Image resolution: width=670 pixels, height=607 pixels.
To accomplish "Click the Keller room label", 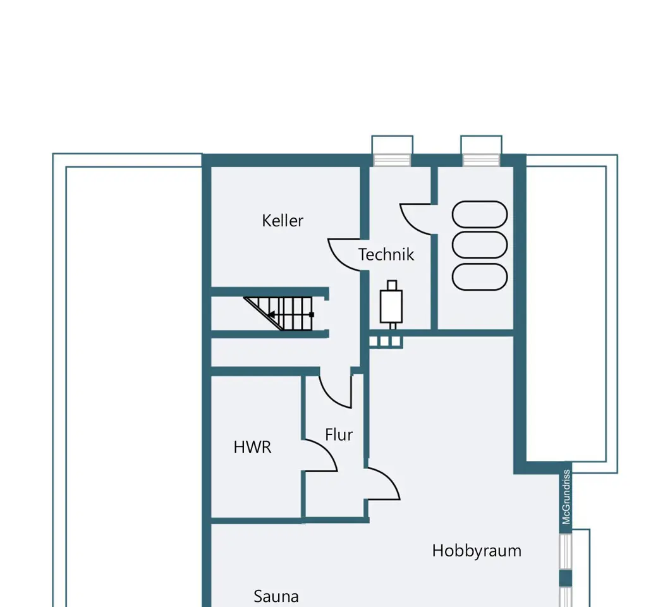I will (x=283, y=221).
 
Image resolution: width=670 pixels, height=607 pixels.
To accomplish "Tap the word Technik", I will (x=386, y=255).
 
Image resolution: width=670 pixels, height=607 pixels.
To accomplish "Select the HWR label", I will (x=252, y=447).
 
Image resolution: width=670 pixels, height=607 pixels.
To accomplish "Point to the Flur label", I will (x=339, y=435).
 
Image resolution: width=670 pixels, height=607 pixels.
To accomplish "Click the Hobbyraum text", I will (x=477, y=551).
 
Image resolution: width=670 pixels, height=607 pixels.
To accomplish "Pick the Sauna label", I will (x=276, y=596).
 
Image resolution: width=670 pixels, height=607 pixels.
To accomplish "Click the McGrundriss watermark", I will (x=566, y=496).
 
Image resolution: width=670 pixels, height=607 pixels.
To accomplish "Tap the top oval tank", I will (x=480, y=215).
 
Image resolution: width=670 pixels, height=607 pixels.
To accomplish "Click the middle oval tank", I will (x=480, y=245).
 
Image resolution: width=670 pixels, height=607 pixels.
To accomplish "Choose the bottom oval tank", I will (x=480, y=277).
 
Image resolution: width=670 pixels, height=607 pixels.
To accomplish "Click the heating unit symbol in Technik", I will (x=392, y=305).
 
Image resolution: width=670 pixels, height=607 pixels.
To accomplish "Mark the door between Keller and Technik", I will (x=346, y=254).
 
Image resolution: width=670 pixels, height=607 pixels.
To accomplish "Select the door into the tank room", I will (x=417, y=219).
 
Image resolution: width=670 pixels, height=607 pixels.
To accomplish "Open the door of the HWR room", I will (x=321, y=455).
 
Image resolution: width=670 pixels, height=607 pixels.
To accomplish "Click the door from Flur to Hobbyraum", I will (x=383, y=484).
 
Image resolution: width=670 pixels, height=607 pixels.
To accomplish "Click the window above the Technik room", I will (x=392, y=159).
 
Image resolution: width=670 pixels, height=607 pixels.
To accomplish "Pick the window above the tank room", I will (x=481, y=159).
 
